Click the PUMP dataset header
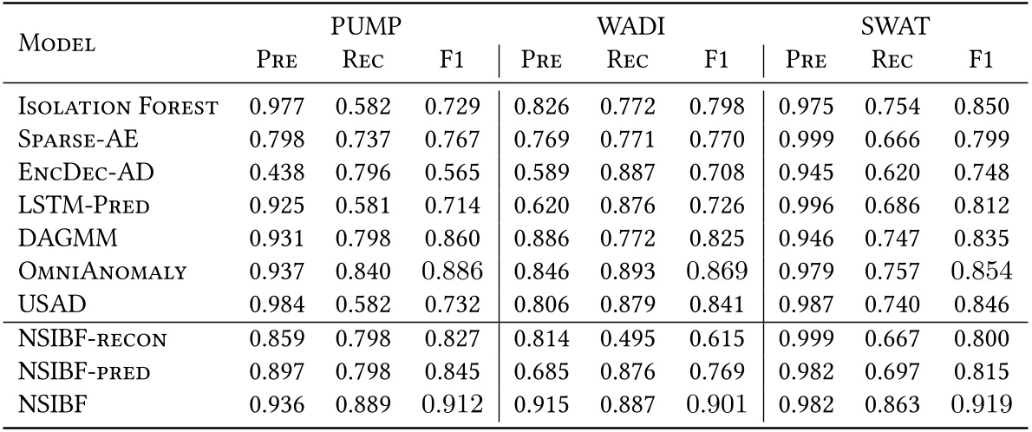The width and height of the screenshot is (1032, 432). point(366,27)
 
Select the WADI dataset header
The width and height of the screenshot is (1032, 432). point(630,27)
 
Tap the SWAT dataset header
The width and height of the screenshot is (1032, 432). point(895,27)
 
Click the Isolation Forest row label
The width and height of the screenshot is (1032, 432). point(118,107)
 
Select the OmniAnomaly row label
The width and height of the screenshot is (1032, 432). point(102,272)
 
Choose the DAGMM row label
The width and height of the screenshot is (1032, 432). point(56,239)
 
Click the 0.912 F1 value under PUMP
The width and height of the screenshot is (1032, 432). point(453,404)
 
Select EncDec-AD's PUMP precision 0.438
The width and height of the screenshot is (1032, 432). point(275,173)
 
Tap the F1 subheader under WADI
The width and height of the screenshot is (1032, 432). point(716,61)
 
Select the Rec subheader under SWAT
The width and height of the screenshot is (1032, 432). point(894,61)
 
